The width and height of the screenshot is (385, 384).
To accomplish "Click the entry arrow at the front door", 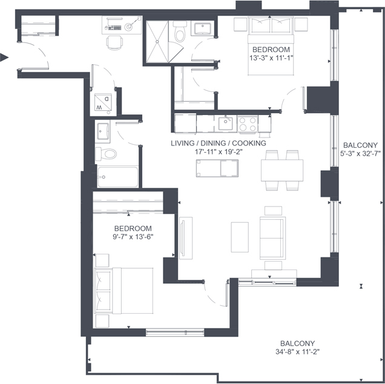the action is click(4, 58).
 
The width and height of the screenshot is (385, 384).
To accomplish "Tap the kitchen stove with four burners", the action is click(248, 124).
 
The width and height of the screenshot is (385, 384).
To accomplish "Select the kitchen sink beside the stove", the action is click(226, 124).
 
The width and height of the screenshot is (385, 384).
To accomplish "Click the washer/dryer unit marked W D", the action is click(103, 102).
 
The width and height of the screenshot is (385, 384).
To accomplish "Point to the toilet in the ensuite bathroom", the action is click(180, 32).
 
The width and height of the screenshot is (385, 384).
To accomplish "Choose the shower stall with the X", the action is click(157, 42).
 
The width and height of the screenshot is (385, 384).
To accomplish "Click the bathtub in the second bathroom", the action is click(117, 177).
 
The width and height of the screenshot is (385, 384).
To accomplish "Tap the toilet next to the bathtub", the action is click(106, 154).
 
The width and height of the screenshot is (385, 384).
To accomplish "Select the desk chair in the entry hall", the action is click(114, 42).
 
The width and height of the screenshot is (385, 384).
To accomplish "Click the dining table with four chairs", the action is click(282, 170).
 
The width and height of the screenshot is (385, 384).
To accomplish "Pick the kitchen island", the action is click(217, 168).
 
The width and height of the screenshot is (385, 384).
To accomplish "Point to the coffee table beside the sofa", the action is click(240, 237).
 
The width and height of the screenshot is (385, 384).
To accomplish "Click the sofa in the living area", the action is click(273, 238).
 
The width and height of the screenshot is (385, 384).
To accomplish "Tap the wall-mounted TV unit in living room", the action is click(185, 238).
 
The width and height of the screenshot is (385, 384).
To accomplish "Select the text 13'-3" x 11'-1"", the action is click(272, 58).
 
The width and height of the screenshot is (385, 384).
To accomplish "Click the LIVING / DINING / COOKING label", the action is click(219, 143).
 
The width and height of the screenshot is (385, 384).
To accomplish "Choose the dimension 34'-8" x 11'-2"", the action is click(298, 352).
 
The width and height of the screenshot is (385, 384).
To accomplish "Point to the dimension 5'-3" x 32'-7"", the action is click(360, 154).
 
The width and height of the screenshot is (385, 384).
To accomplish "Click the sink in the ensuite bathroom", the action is click(203, 28).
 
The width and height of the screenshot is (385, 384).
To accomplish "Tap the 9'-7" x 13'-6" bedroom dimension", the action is click(133, 237).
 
